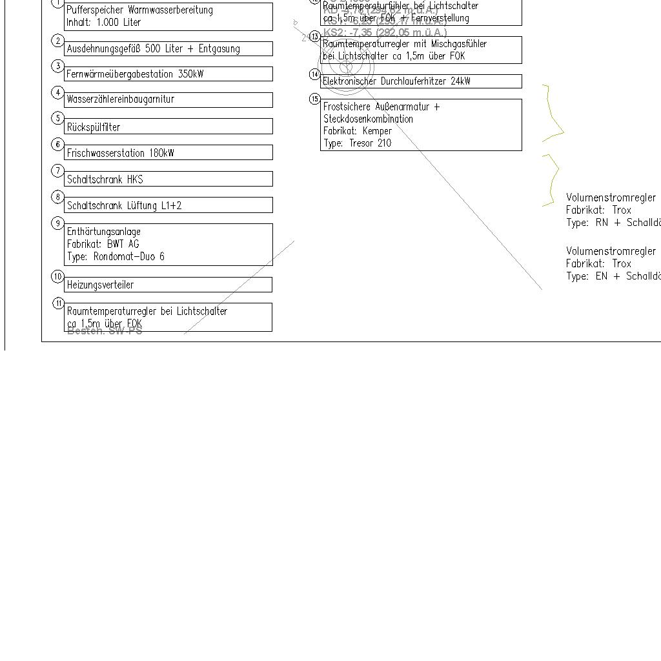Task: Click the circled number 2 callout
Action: (58, 41)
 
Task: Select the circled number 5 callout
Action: (58, 118)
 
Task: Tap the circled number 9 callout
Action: (58, 223)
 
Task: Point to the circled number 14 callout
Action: (314, 74)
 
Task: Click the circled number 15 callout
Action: (314, 99)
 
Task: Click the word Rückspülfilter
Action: (94, 127)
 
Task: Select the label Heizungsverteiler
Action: (100, 285)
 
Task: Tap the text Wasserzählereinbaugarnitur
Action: (120, 99)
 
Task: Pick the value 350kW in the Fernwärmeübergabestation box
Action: (190, 74)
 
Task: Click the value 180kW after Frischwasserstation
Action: (161, 154)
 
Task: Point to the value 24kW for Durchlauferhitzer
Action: (461, 81)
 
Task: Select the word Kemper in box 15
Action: (377, 131)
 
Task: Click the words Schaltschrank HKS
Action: (105, 179)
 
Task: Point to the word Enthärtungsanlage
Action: (103, 232)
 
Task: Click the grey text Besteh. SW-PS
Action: (105, 331)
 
